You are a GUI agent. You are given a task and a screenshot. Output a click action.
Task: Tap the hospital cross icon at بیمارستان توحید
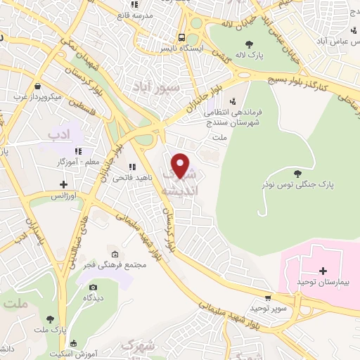[x=323, y=271]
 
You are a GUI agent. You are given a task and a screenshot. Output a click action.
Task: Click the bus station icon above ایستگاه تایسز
[x=182, y=37]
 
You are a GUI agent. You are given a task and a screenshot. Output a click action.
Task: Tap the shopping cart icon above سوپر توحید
[x=267, y=297]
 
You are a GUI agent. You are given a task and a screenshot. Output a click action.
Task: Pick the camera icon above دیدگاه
[x=94, y=287]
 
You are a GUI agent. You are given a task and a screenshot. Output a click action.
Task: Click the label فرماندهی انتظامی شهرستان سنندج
[x=227, y=116]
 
